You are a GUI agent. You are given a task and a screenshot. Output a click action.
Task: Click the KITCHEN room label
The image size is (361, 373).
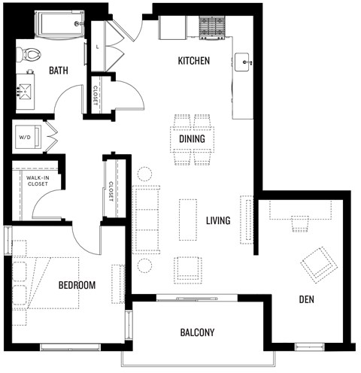tap(193, 61)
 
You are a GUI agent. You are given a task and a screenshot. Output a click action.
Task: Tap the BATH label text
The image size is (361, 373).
tap(59, 71)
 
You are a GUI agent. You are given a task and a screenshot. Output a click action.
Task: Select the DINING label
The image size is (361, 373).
tap(193, 139)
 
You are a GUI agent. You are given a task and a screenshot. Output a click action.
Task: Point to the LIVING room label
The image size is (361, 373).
tap(218, 220)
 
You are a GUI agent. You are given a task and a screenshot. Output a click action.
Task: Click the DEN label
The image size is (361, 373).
tap(305, 299)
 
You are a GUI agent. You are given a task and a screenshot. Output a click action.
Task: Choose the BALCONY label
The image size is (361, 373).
tap(198, 332)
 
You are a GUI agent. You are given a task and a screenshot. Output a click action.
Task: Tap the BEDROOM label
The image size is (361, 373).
tap(77, 285)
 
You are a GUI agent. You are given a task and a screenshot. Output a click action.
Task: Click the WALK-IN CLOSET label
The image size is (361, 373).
tap(37, 180)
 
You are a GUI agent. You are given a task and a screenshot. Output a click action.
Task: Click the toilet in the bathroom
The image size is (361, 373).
tap(30, 53)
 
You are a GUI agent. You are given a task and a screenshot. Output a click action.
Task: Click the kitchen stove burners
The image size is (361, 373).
tap(212, 27)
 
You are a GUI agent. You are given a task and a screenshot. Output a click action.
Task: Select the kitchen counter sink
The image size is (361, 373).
tap(242, 61)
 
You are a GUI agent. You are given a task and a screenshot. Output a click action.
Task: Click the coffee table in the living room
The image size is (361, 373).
tap(188, 219)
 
